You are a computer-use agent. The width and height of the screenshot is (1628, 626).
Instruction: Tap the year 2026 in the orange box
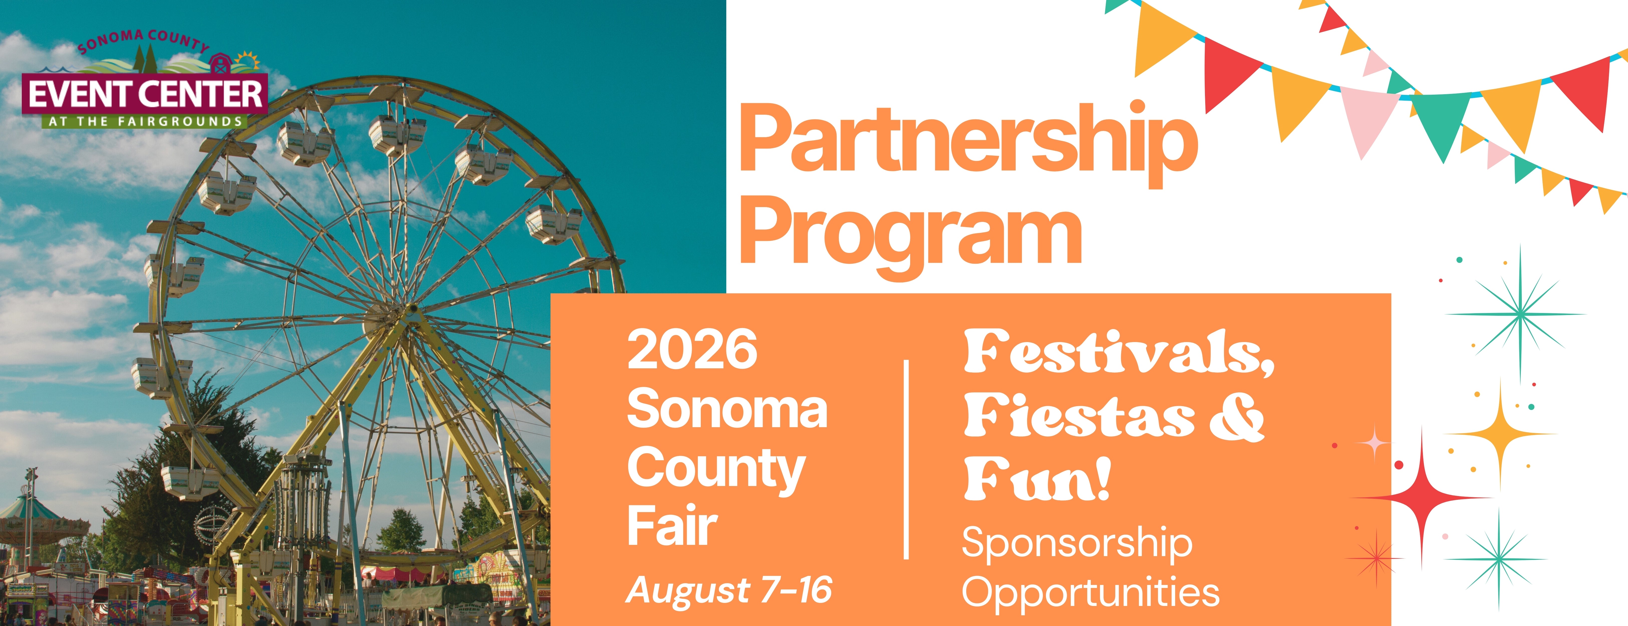pyautogui.click(x=692, y=349)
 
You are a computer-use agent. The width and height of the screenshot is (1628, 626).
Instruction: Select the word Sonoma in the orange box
pyautogui.click(x=727, y=409)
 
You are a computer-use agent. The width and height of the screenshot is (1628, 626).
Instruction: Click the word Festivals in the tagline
pyautogui.click(x=1119, y=353)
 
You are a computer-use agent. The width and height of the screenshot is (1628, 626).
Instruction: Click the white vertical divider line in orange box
pyautogui.click(x=907, y=459)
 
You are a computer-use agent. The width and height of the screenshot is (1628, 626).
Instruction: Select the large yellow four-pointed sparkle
pyautogui.click(x=1501, y=435)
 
